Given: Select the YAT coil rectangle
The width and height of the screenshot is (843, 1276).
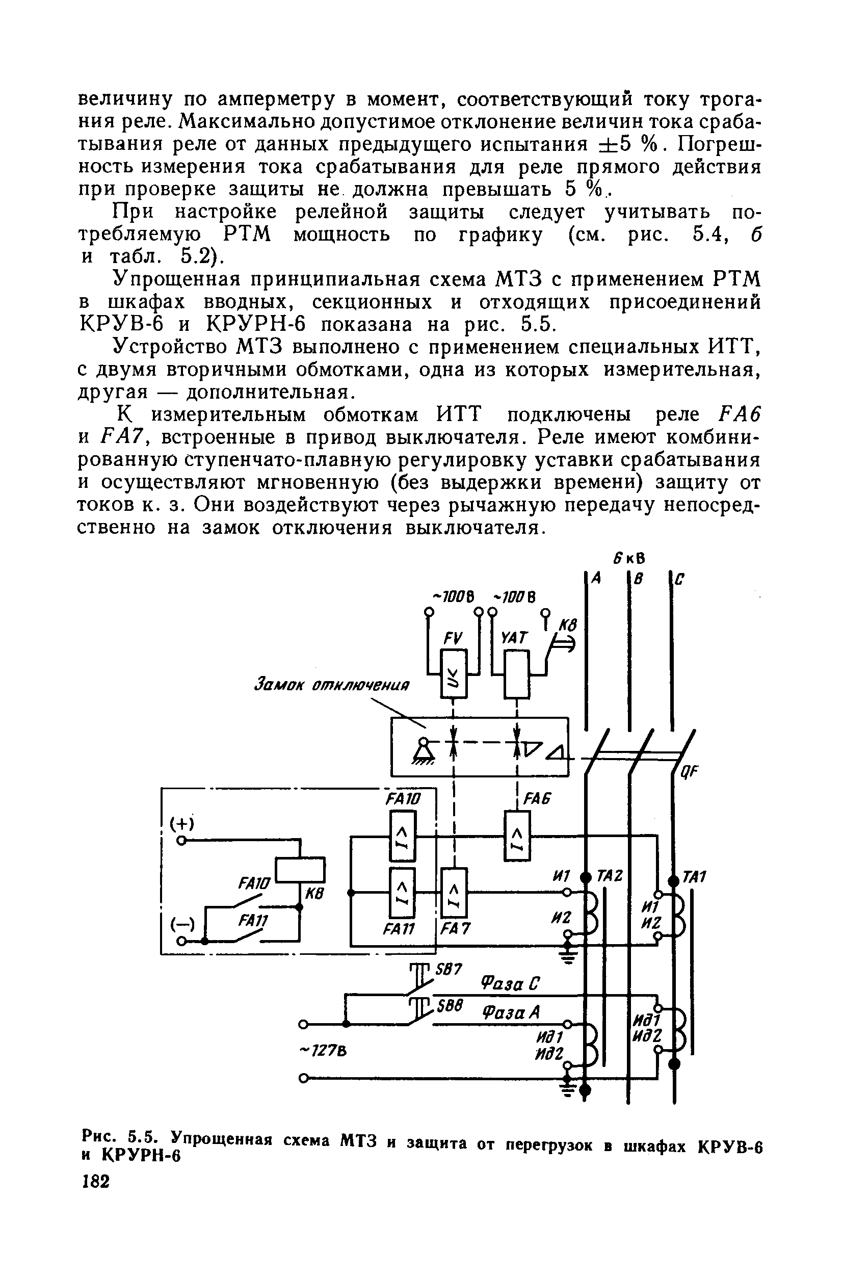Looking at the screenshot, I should coord(517,673).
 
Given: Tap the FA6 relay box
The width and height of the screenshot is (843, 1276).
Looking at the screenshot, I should coord(517,835).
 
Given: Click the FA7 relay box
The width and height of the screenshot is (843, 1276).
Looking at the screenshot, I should coord(454,893).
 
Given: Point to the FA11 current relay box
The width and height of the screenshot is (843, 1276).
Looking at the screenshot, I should coord(402,893).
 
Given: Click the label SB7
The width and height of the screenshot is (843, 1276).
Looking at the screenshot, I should coord(449,970).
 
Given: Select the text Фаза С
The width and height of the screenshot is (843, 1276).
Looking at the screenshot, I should coord(510,984).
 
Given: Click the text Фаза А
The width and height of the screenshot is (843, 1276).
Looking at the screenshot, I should coord(510,1013).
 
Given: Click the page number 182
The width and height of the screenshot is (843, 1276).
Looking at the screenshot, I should coord(96,1182).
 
